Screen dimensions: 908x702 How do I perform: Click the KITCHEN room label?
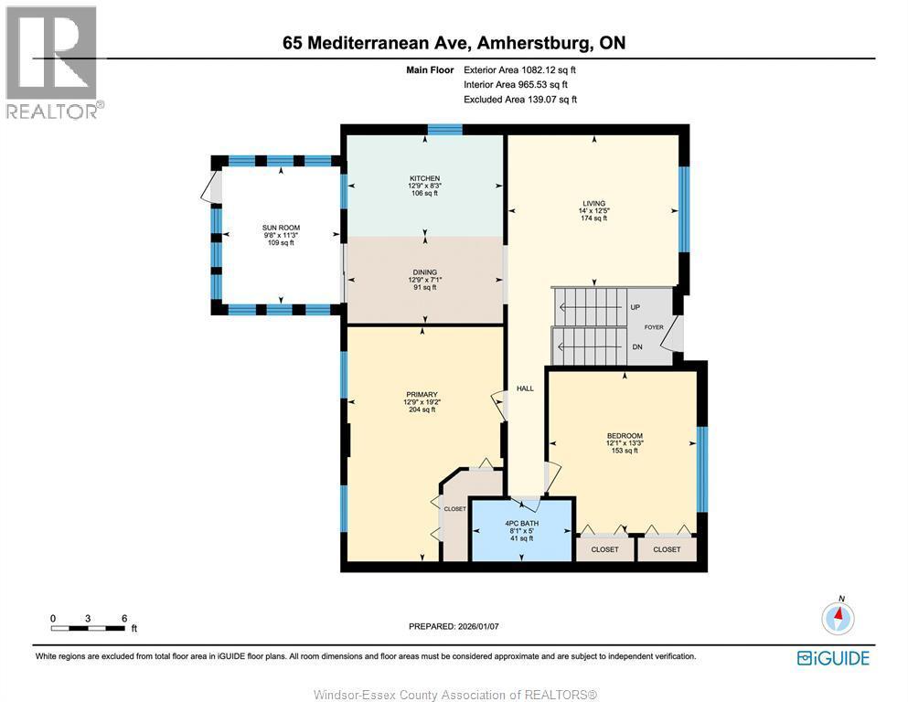(424, 178)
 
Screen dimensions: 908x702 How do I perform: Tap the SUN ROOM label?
(281, 228)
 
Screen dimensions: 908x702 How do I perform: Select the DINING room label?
(425, 272)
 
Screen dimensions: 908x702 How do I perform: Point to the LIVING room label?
(593, 203)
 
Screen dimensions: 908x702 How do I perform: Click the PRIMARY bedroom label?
(422, 395)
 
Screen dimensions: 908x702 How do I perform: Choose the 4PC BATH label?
(522, 523)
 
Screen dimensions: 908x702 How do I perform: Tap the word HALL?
(525, 388)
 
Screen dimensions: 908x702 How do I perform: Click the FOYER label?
(654, 327)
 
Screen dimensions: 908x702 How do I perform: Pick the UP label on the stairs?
(636, 307)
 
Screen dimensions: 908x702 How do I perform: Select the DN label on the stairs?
(637, 347)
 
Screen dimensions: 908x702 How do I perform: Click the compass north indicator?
(838, 616)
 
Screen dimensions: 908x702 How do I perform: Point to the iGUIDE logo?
(833, 658)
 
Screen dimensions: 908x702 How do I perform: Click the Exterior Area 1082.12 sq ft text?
(519, 70)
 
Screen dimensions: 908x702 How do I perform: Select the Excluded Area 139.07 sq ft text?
(520, 100)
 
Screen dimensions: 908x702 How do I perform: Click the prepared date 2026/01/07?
(477, 626)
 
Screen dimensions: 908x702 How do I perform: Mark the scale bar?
(88, 628)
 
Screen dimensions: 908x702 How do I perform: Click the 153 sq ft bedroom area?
(625, 451)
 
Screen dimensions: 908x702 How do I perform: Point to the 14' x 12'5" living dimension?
(593, 210)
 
